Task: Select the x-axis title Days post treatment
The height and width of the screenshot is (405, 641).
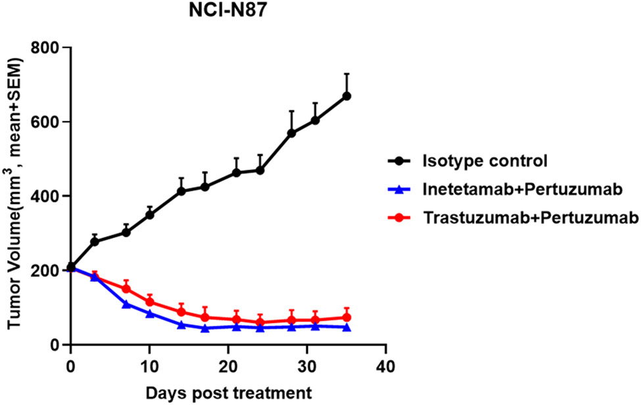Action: tap(228, 393)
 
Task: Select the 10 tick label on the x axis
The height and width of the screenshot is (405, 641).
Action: tap(149, 365)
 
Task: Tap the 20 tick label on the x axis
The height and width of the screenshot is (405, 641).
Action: tap(228, 365)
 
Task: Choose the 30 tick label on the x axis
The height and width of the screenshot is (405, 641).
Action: tap(307, 365)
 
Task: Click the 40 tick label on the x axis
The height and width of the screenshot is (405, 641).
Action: tap(386, 365)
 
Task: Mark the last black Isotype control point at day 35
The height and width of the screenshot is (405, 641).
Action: tap(346, 96)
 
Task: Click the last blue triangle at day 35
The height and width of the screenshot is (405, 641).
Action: tap(346, 327)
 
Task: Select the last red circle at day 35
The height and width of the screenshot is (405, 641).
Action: tap(346, 318)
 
